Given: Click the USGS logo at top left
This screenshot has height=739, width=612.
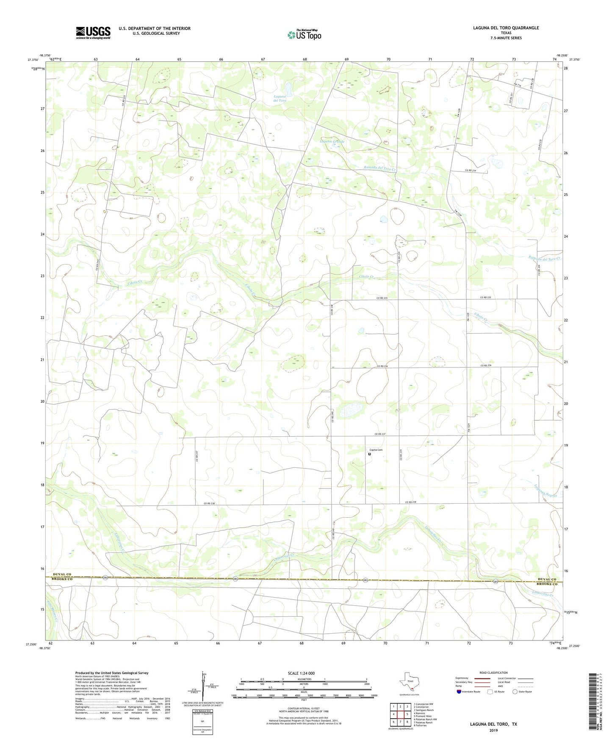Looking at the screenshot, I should [93, 33].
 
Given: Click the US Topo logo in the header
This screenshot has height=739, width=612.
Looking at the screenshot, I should [304, 35].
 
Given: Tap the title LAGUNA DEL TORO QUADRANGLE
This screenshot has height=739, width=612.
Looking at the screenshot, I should [506, 28].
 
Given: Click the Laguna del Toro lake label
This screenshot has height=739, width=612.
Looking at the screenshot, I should [280, 99].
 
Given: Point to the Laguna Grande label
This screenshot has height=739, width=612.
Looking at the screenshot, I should [332, 141].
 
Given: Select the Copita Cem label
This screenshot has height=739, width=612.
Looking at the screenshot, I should [376, 450].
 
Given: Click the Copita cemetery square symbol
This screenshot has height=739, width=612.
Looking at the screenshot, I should [369, 454].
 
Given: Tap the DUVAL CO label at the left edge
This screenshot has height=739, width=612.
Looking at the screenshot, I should [62, 575].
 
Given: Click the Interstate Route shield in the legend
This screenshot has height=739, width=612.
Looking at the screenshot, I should [459, 692].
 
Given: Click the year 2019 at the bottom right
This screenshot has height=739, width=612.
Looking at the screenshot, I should [493, 731].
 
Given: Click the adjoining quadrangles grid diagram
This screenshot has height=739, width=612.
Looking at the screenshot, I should [400, 714].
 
